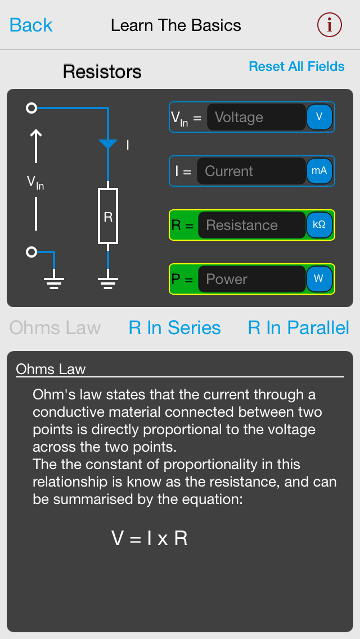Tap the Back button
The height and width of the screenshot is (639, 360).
pyautogui.click(x=31, y=25)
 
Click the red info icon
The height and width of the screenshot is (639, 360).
pyautogui.click(x=330, y=25)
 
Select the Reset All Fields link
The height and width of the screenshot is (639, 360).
pyautogui.click(x=297, y=66)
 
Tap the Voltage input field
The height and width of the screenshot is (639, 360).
pyautogui.click(x=256, y=117)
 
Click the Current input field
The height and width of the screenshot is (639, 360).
pyautogui.click(x=251, y=171)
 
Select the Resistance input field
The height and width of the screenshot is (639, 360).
pyautogui.click(x=252, y=225)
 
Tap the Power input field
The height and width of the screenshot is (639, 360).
pyautogui.click(x=252, y=279)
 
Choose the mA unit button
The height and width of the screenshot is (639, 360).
pyautogui.click(x=319, y=171)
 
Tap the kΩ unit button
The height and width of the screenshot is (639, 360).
pyautogui.click(x=319, y=225)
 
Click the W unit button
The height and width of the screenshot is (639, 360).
pyautogui.click(x=319, y=279)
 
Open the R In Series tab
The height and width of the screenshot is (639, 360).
pyautogui.click(x=174, y=327)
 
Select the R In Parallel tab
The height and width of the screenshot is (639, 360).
pyautogui.click(x=299, y=327)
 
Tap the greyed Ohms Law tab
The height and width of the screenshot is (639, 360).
pyautogui.click(x=55, y=327)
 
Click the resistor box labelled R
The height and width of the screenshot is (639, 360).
pyautogui.click(x=108, y=216)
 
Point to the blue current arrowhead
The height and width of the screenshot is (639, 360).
pyautogui.click(x=108, y=144)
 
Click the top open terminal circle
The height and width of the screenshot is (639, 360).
pyautogui.click(x=31, y=108)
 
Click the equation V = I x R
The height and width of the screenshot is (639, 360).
pyautogui.click(x=149, y=538)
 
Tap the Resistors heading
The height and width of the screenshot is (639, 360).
pyautogui.click(x=102, y=72)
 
